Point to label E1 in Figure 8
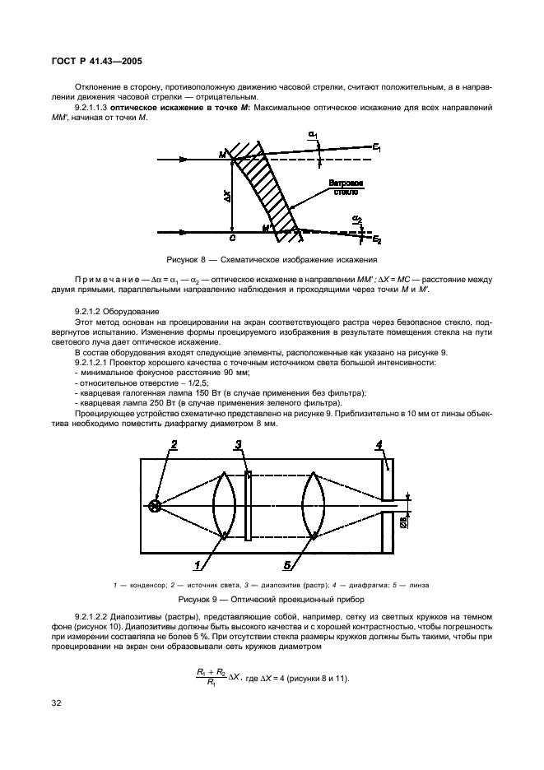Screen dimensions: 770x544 [376, 147]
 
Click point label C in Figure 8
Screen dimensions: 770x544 [233, 239]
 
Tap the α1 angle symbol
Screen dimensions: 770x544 [313, 135]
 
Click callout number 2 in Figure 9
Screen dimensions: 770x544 [174, 445]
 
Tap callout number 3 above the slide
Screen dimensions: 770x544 [237, 445]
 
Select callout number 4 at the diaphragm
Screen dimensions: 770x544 [379, 445]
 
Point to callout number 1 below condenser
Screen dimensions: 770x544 [198, 565]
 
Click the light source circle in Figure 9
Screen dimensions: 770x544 [154, 504]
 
